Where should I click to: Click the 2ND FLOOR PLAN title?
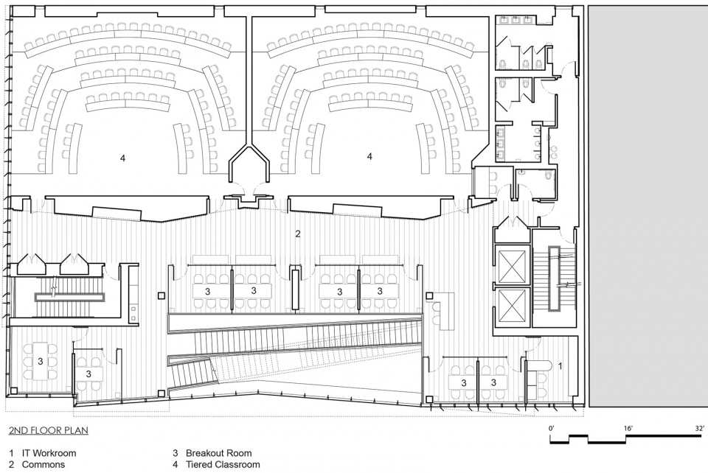49,430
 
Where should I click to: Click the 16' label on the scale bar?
628,428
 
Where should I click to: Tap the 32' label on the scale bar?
699,428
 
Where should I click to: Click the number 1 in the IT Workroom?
560,366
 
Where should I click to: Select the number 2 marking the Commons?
297,234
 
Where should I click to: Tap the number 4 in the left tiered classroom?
122,158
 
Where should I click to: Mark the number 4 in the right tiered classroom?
369,156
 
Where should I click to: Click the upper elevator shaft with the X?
512,264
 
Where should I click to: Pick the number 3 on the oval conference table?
40,361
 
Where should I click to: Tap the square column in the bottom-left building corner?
14,390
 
